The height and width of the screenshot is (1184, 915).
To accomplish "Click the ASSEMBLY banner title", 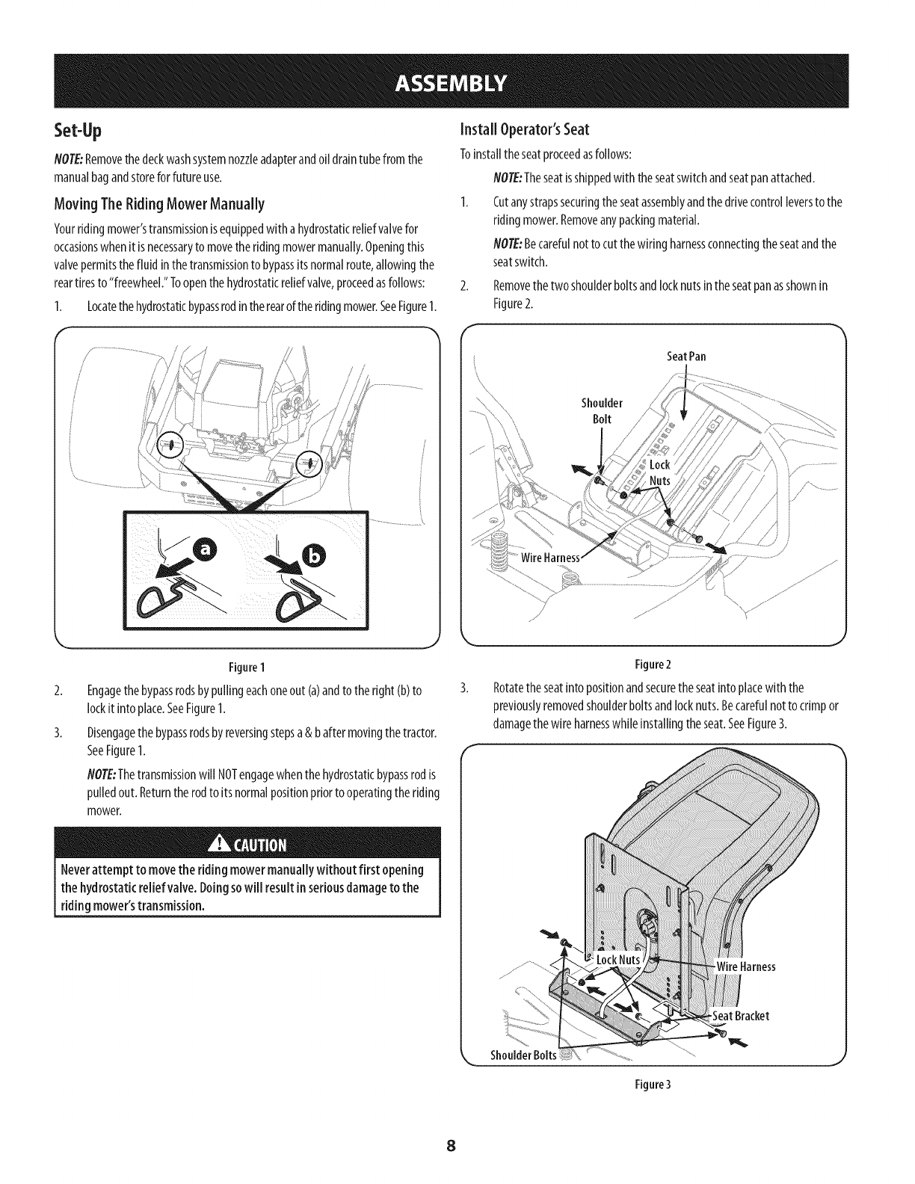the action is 457,81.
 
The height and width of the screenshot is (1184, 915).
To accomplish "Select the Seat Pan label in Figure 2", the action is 686,357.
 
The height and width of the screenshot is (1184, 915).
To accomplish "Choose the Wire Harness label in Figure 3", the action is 745,966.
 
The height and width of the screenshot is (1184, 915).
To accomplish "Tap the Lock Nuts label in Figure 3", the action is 617,960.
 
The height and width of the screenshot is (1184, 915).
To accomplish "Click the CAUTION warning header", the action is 247,845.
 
